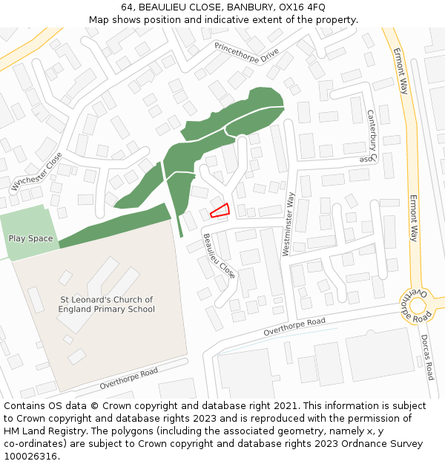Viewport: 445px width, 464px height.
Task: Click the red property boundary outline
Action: (220, 211)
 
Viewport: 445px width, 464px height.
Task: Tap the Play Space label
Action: (30, 238)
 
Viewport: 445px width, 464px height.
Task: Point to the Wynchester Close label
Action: (36, 171)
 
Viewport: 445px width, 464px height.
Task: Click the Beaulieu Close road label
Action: (220, 256)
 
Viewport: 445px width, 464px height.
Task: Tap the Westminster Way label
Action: (289, 224)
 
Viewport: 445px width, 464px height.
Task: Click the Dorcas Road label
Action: (429, 356)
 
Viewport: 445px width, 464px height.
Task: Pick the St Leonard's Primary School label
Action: (107, 304)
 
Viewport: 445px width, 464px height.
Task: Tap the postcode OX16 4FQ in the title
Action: (306, 7)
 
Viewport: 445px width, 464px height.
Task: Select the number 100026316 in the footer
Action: (30, 457)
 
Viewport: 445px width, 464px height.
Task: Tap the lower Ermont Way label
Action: (413, 219)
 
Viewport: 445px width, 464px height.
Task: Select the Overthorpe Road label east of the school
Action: (294, 327)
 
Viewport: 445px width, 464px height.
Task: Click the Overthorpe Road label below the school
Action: (129, 378)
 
